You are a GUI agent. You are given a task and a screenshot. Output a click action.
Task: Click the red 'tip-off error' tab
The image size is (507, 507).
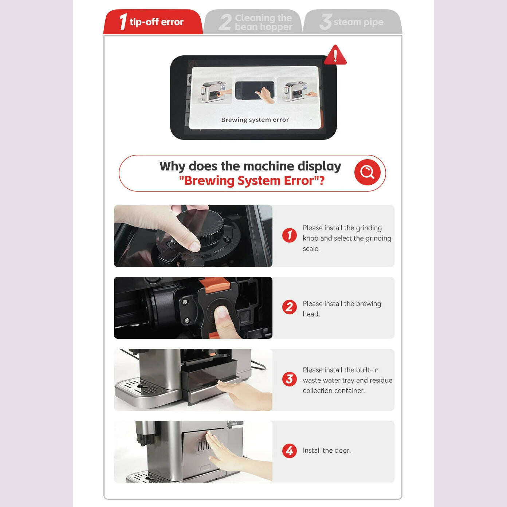pos(153,22)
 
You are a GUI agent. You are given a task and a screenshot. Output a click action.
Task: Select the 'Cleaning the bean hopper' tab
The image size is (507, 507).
pos(255,22)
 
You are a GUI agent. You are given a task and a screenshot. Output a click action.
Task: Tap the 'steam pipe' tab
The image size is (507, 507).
pos(352,22)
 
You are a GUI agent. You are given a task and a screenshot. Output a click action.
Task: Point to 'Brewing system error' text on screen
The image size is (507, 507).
pos(255,120)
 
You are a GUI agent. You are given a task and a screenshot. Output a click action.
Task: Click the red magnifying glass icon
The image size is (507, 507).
pos(367,172)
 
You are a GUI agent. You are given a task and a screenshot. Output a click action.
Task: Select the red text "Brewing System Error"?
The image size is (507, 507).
pos(251,181)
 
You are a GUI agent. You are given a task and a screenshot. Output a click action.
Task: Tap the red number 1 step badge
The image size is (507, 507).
pos(290,235)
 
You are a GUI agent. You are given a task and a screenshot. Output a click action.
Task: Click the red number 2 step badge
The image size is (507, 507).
pos(290,307)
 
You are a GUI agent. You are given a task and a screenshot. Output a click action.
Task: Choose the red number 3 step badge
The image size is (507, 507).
pos(290,379)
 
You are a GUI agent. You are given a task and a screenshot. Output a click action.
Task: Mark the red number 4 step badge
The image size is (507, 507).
pos(290,451)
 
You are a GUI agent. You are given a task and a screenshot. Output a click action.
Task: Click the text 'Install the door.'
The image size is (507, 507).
pos(327,451)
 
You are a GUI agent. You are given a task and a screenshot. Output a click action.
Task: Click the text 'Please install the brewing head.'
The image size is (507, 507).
pos(342,308)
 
